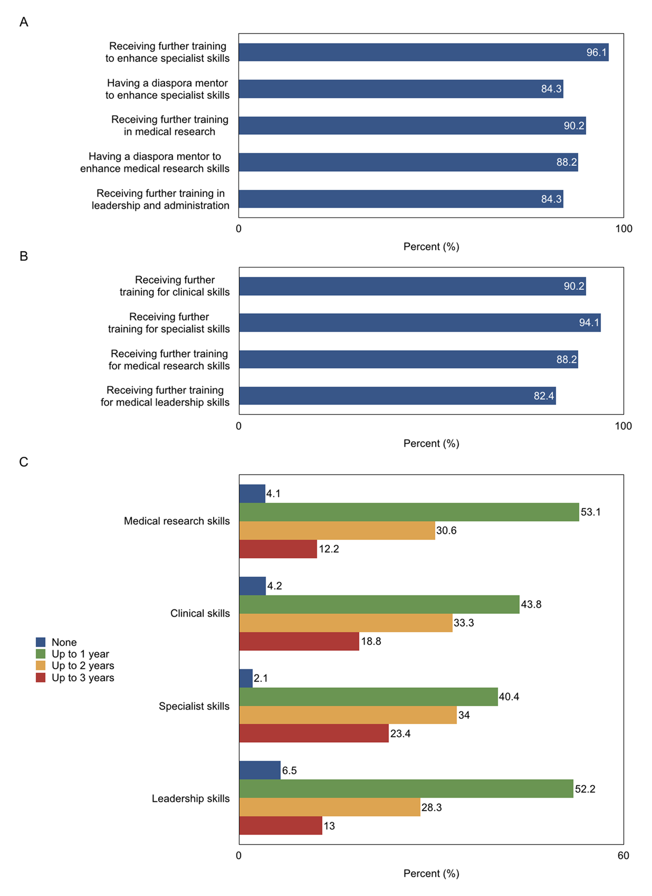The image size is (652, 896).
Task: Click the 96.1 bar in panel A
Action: pos(423,52)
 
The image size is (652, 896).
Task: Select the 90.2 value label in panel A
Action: pos(574,126)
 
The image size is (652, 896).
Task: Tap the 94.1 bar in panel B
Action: pos(419,323)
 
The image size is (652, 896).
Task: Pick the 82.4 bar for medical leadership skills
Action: pos(397,396)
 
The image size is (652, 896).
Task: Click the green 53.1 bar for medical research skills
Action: pos(409,512)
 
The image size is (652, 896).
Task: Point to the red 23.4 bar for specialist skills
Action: pos(314,733)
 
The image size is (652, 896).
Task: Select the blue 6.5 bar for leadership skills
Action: pos(260,770)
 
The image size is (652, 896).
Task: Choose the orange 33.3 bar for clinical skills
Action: pos(346,623)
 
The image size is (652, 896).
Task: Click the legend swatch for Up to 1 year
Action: pos(41,654)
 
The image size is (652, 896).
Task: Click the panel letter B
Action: pos(24,256)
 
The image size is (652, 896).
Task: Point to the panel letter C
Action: pos(24,462)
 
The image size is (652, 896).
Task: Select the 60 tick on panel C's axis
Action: pos(623,856)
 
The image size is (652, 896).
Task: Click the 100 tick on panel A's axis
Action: pos(623,229)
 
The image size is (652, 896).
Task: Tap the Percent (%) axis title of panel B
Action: pos(431,444)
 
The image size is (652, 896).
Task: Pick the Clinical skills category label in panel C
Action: pos(200,613)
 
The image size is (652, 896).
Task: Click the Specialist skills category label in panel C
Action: pos(194,706)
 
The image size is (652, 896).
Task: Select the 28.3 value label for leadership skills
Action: pos(431,807)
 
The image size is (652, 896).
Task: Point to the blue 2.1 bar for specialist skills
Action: pos(246,678)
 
